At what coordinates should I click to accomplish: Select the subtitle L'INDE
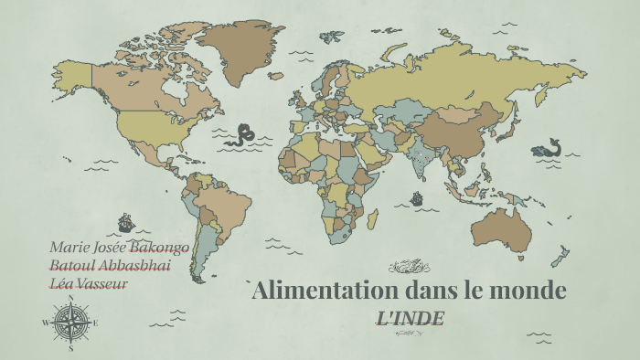pyautogui.click(x=411, y=318)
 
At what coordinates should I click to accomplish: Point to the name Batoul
pyautogui.click(x=71, y=265)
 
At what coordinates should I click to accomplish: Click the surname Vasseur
pyautogui.click(x=102, y=283)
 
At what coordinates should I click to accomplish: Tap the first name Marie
pyautogui.click(x=69, y=247)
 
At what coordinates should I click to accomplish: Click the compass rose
pyautogui.click(x=70, y=323)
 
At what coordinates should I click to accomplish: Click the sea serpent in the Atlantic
pyautogui.click(x=242, y=135)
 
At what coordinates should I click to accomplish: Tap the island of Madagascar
pyautogui.click(x=372, y=219)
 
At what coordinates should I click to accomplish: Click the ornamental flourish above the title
pyautogui.click(x=410, y=268)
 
